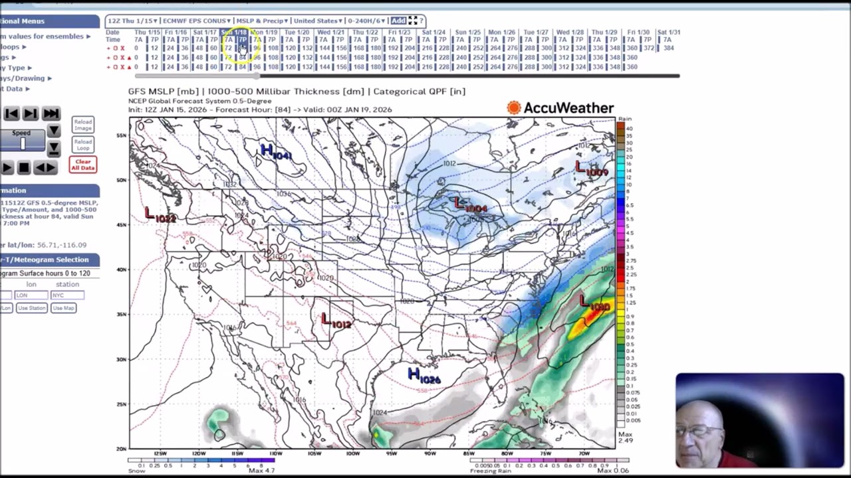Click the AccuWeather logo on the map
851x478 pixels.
point(560,108)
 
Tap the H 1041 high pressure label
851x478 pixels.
point(275,153)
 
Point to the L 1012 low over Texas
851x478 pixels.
point(336,321)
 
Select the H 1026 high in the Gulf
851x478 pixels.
point(424,376)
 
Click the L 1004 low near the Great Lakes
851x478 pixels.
point(470,205)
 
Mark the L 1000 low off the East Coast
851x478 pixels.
point(594,304)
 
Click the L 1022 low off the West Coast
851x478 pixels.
point(160,215)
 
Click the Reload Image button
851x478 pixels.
point(83,125)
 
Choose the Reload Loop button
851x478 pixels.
point(83,144)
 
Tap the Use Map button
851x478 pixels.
point(63,308)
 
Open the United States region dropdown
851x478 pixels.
point(318,21)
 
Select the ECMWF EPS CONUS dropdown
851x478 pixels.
point(197,21)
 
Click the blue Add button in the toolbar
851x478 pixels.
point(398,21)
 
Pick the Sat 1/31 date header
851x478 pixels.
point(668,32)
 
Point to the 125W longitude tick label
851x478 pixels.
point(160,453)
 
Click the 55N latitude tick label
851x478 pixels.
point(121,135)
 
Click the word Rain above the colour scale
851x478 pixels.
point(624,119)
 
